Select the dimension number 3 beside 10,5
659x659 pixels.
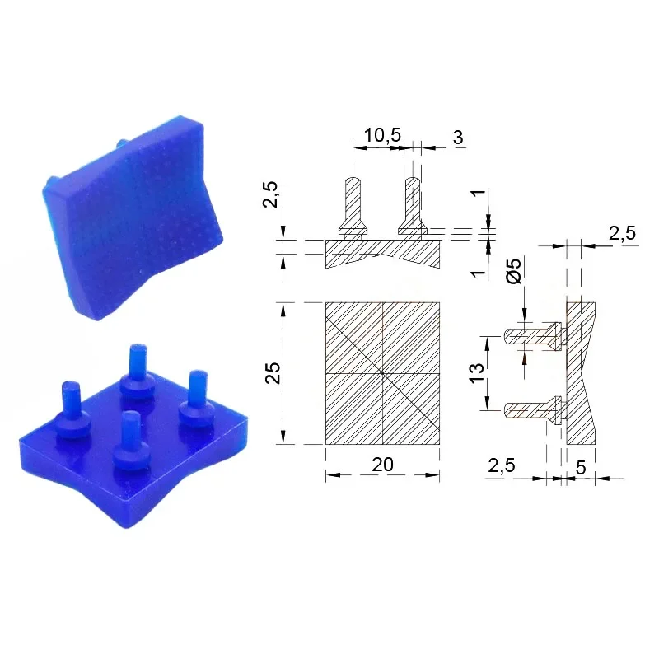coord(457,138)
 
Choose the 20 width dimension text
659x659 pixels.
coord(382,465)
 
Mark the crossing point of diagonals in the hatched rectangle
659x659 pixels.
coord(382,373)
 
